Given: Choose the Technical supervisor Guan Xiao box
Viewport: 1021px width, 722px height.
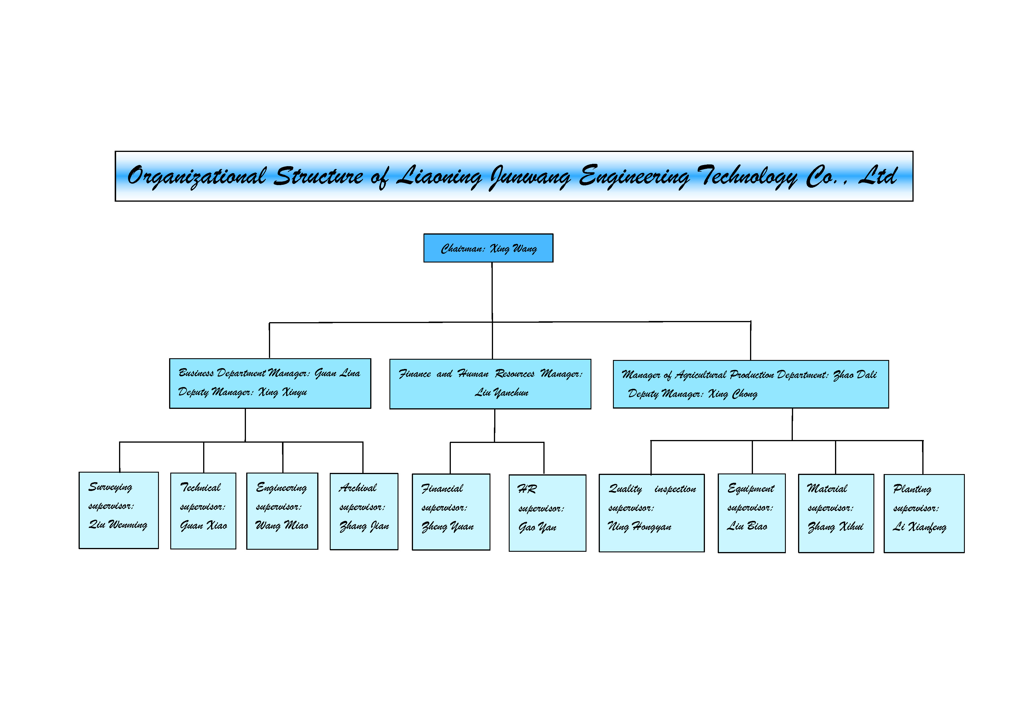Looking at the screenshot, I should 203,511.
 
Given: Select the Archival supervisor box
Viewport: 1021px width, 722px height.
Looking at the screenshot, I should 364,511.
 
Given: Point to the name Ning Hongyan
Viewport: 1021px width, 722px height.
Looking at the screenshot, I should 639,527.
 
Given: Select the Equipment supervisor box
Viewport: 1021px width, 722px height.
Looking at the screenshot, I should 751,513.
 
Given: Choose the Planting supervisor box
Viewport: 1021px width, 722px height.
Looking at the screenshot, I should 923,514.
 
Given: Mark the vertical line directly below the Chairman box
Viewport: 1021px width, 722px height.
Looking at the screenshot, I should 492,291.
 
